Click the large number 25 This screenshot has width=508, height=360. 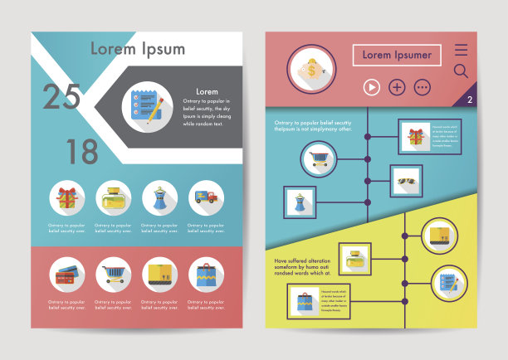pyautogui.click(x=61, y=97)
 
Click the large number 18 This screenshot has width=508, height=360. pyautogui.click(x=82, y=152)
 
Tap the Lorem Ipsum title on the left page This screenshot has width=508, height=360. pyautogui.click(x=138, y=48)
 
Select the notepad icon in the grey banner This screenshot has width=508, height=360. pyautogui.click(x=144, y=107)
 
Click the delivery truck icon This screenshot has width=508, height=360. pyautogui.click(x=205, y=197)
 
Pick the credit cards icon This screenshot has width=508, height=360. pyautogui.click(x=66, y=275)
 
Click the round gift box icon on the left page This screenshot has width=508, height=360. pyautogui.click(x=66, y=197)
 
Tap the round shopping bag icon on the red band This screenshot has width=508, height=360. pyautogui.click(x=205, y=275)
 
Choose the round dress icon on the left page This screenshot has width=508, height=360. pyautogui.click(x=159, y=197)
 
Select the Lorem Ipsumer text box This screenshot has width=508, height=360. pyautogui.click(x=397, y=55)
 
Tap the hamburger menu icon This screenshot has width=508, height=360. pyautogui.click(x=462, y=50)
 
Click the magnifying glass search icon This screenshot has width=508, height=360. pyautogui.click(x=462, y=71)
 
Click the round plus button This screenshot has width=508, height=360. pyautogui.click(x=397, y=87)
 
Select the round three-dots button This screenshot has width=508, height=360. pyautogui.click(x=423, y=87)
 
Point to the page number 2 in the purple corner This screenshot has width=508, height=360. pyautogui.click(x=470, y=100)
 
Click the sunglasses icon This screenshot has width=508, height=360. pyautogui.click(x=407, y=181)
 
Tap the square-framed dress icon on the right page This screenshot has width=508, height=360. pyautogui.click(x=300, y=202)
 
